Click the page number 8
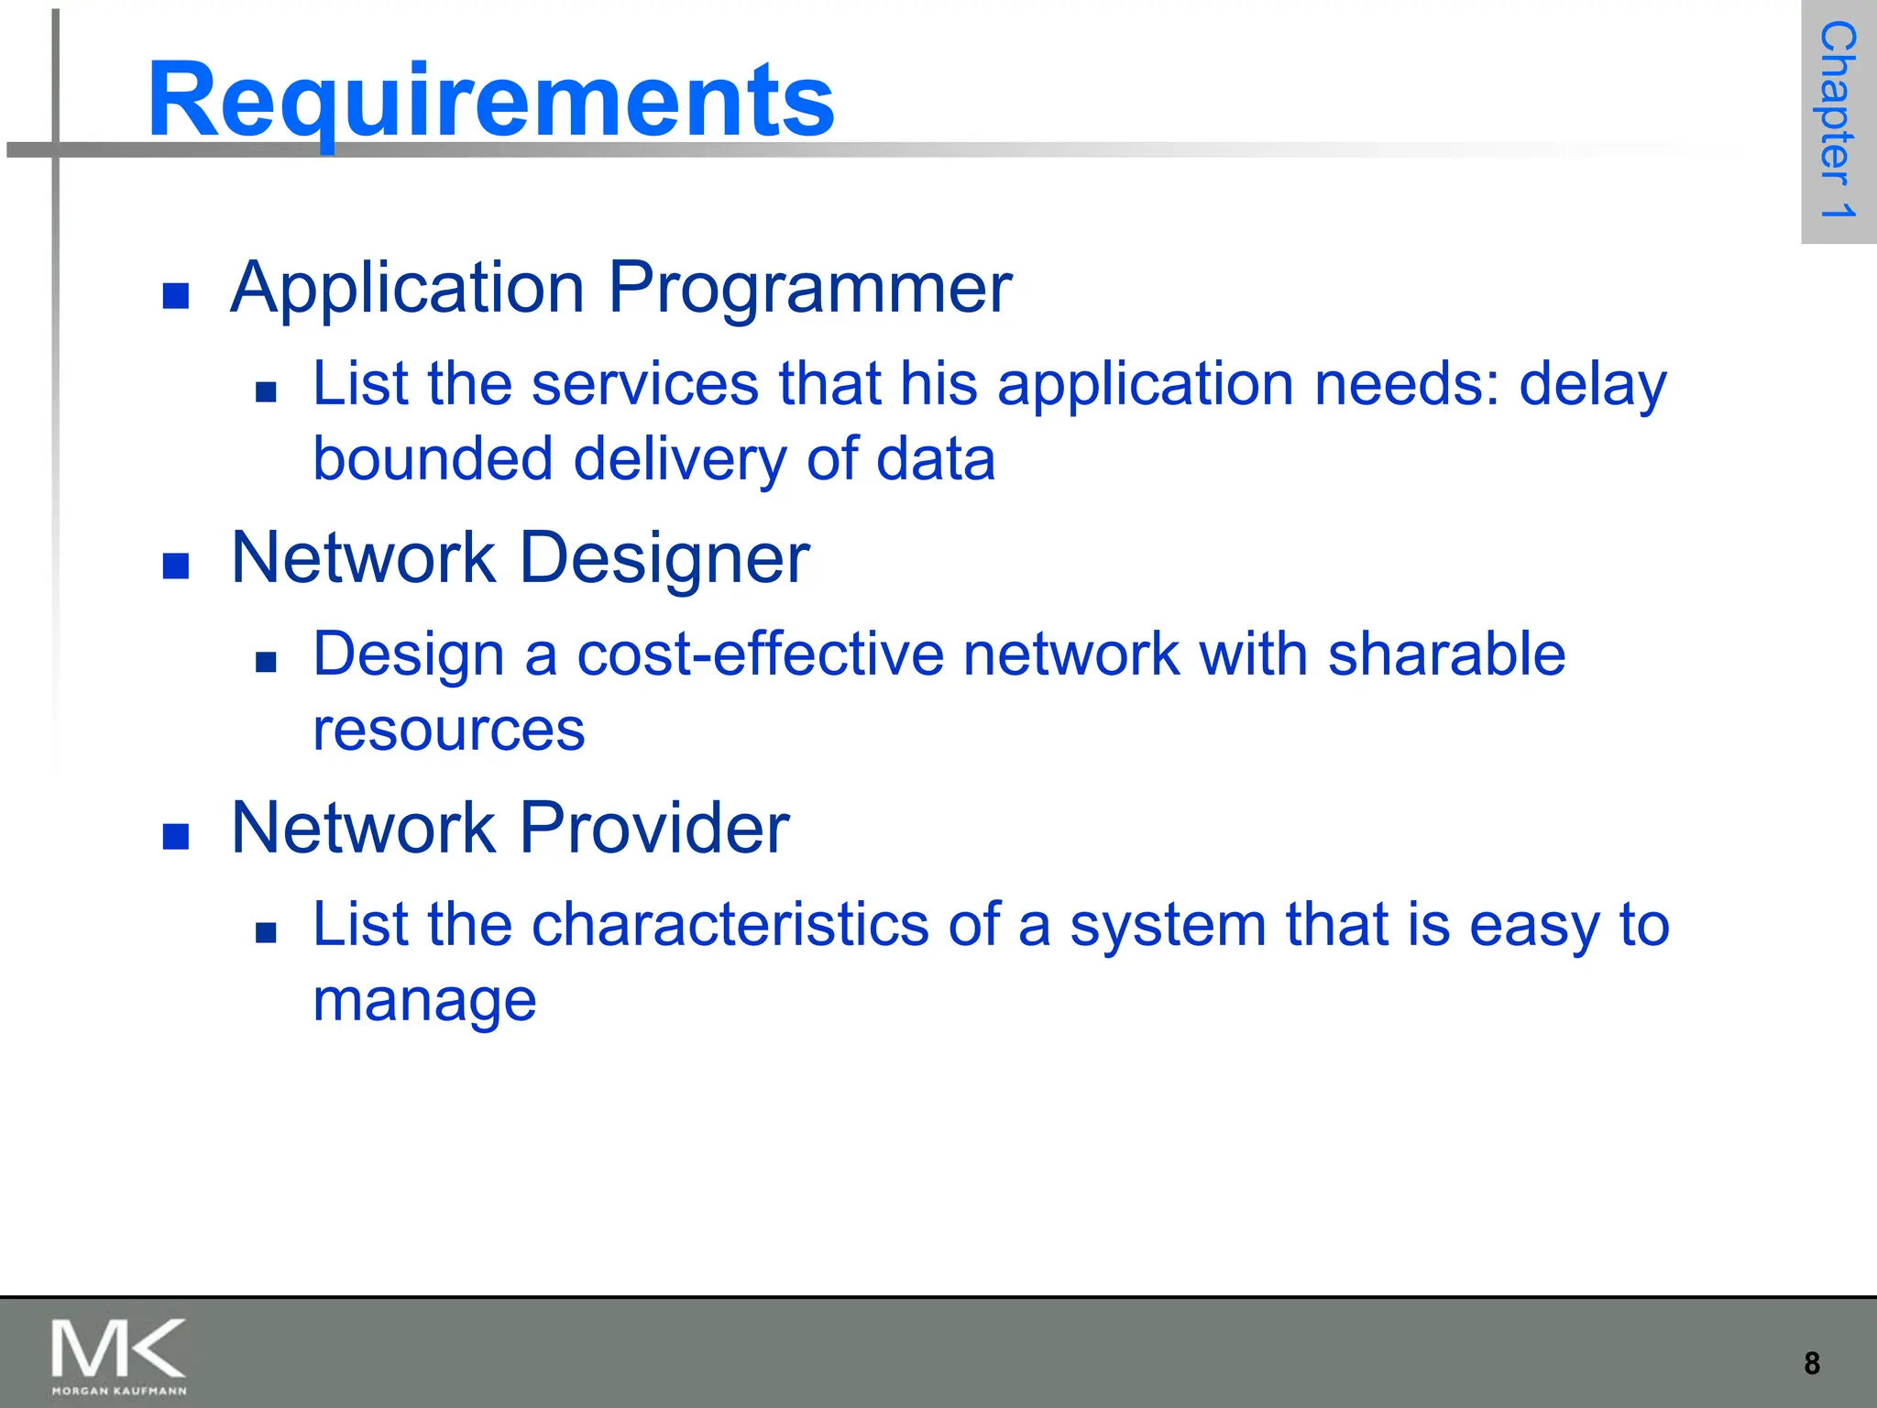(1811, 1363)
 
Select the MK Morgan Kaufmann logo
(118, 1356)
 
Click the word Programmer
(810, 289)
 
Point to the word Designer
(664, 558)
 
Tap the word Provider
(654, 828)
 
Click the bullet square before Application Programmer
(175, 295)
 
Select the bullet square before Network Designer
(175, 566)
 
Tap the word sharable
(1446, 654)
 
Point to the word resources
(448, 731)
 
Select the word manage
(424, 1001)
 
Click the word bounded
(433, 459)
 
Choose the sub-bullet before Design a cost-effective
(266, 662)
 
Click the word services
(645, 384)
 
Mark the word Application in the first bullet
(407, 289)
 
